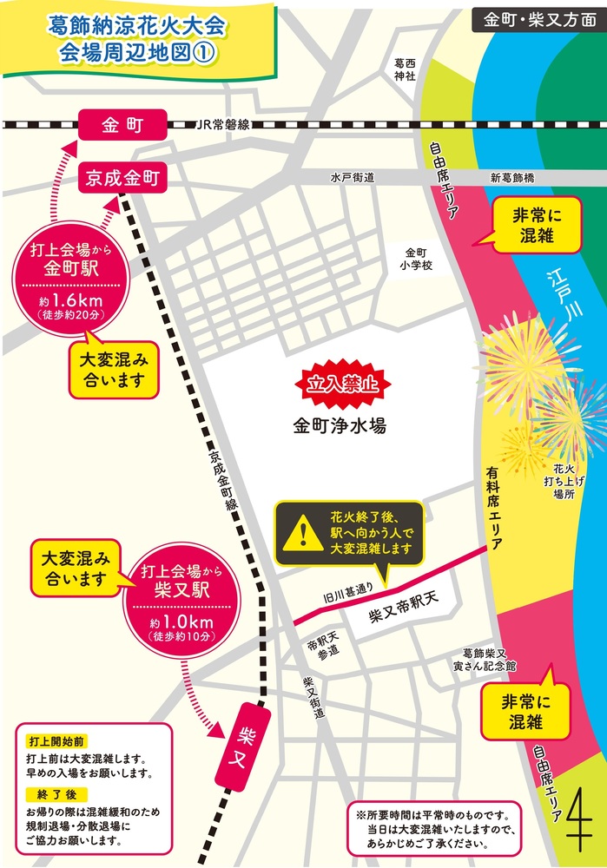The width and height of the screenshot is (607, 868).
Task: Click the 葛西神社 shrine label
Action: pyautogui.click(x=405, y=70)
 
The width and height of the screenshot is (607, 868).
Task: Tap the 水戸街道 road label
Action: pyautogui.click(x=352, y=178)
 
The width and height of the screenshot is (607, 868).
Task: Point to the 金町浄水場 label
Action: pyautogui.click(x=339, y=427)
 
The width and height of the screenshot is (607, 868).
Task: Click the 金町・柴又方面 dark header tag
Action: pyautogui.click(x=535, y=19)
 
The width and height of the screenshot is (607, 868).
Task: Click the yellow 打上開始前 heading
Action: pyautogui.click(x=56, y=741)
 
